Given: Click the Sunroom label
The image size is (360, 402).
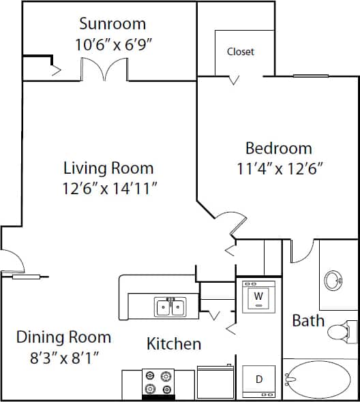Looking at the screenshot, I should click(112, 24).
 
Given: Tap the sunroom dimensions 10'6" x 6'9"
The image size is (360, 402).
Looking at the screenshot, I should click(112, 45).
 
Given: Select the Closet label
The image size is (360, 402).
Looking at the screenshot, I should click(241, 52).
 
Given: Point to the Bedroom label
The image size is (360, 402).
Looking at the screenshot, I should click(278, 148).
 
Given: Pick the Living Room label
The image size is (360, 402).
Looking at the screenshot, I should click(108, 168).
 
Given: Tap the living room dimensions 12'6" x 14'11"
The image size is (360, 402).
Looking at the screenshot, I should click(108, 189).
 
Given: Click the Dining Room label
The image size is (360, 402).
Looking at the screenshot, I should click(63, 337).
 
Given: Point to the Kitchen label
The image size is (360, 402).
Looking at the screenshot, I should click(174, 344).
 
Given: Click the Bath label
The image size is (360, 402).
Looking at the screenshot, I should click(308, 320).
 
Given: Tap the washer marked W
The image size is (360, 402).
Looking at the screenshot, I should click(258, 296).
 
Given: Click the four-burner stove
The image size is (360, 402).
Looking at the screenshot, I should click(159, 383).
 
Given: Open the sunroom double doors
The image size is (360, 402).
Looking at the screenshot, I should click(105, 69).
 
